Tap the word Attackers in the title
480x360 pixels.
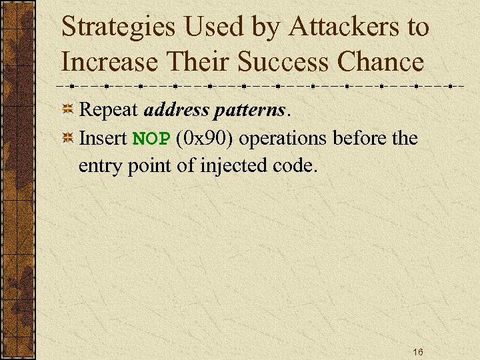[x=330, y=27]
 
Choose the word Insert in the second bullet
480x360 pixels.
[x=103, y=138]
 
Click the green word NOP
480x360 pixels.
[x=151, y=139]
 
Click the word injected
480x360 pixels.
[x=233, y=165]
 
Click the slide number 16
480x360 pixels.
[x=418, y=351]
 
